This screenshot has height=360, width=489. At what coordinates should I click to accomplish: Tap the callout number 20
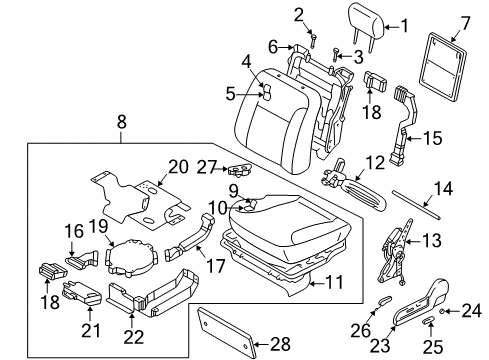(x=178, y=166)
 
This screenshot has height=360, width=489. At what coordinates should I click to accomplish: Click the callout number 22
(x=131, y=338)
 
